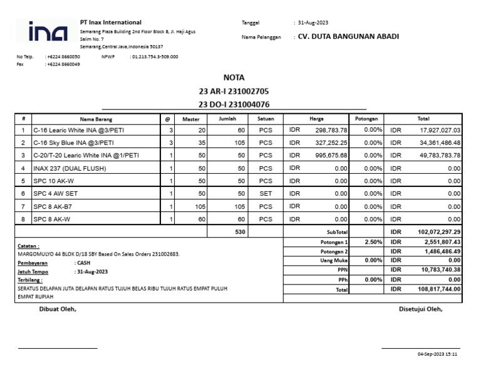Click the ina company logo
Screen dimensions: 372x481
pyautogui.click(x=48, y=32)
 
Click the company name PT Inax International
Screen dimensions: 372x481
pyautogui.click(x=111, y=23)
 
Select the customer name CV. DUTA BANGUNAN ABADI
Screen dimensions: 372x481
pyautogui.click(x=348, y=36)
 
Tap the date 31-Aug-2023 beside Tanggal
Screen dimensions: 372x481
pyautogui.click(x=313, y=23)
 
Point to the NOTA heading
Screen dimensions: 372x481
pyautogui.click(x=234, y=78)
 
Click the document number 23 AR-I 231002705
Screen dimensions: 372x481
pyautogui.click(x=234, y=91)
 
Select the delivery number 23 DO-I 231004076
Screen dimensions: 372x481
pyautogui.click(x=234, y=104)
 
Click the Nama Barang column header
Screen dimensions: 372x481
pyautogui.click(x=96, y=119)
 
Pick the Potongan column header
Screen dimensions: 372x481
pyautogui.click(x=366, y=119)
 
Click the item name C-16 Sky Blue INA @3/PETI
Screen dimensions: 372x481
pyautogui.click(x=73, y=143)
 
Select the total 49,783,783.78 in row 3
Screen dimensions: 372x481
pyautogui.click(x=440, y=156)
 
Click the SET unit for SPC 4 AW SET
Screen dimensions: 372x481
pyautogui.click(x=266, y=194)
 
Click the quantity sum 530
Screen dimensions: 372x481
pyautogui.click(x=240, y=232)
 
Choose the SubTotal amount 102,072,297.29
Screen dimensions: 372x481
pyautogui.click(x=438, y=232)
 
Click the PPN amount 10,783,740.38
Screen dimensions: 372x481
pyautogui.click(x=440, y=270)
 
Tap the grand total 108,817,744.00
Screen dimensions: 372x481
pyautogui.click(x=438, y=289)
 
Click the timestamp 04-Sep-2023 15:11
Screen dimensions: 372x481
pyautogui.click(x=437, y=354)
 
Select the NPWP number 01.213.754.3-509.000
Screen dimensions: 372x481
pyautogui.click(x=154, y=57)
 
